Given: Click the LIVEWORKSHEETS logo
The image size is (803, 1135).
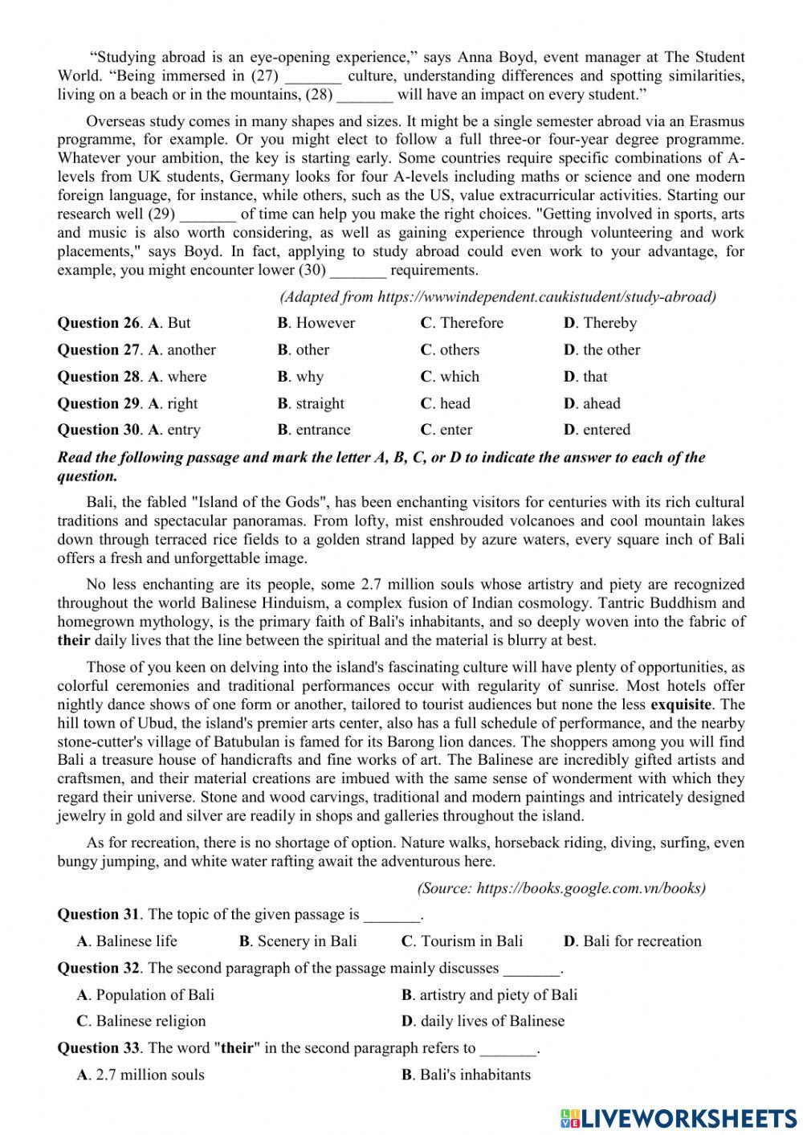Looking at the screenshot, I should click(679, 1117).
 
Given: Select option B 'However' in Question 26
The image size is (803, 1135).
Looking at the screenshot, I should click(316, 323).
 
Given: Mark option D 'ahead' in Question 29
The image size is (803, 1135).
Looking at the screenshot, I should click(592, 403).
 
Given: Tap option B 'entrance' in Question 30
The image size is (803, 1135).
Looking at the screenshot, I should click(314, 430).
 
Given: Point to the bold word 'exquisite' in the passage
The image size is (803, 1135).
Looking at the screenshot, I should click(681, 704).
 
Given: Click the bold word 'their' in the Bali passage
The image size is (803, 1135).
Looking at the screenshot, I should click(74, 640).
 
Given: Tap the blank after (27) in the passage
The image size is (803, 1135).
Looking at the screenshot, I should click(313, 76).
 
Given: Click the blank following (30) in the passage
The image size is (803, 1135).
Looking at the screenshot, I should click(358, 270).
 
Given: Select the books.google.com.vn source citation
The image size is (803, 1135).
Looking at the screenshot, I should click(561, 888).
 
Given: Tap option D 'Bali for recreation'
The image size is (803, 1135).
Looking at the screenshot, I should click(633, 941).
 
